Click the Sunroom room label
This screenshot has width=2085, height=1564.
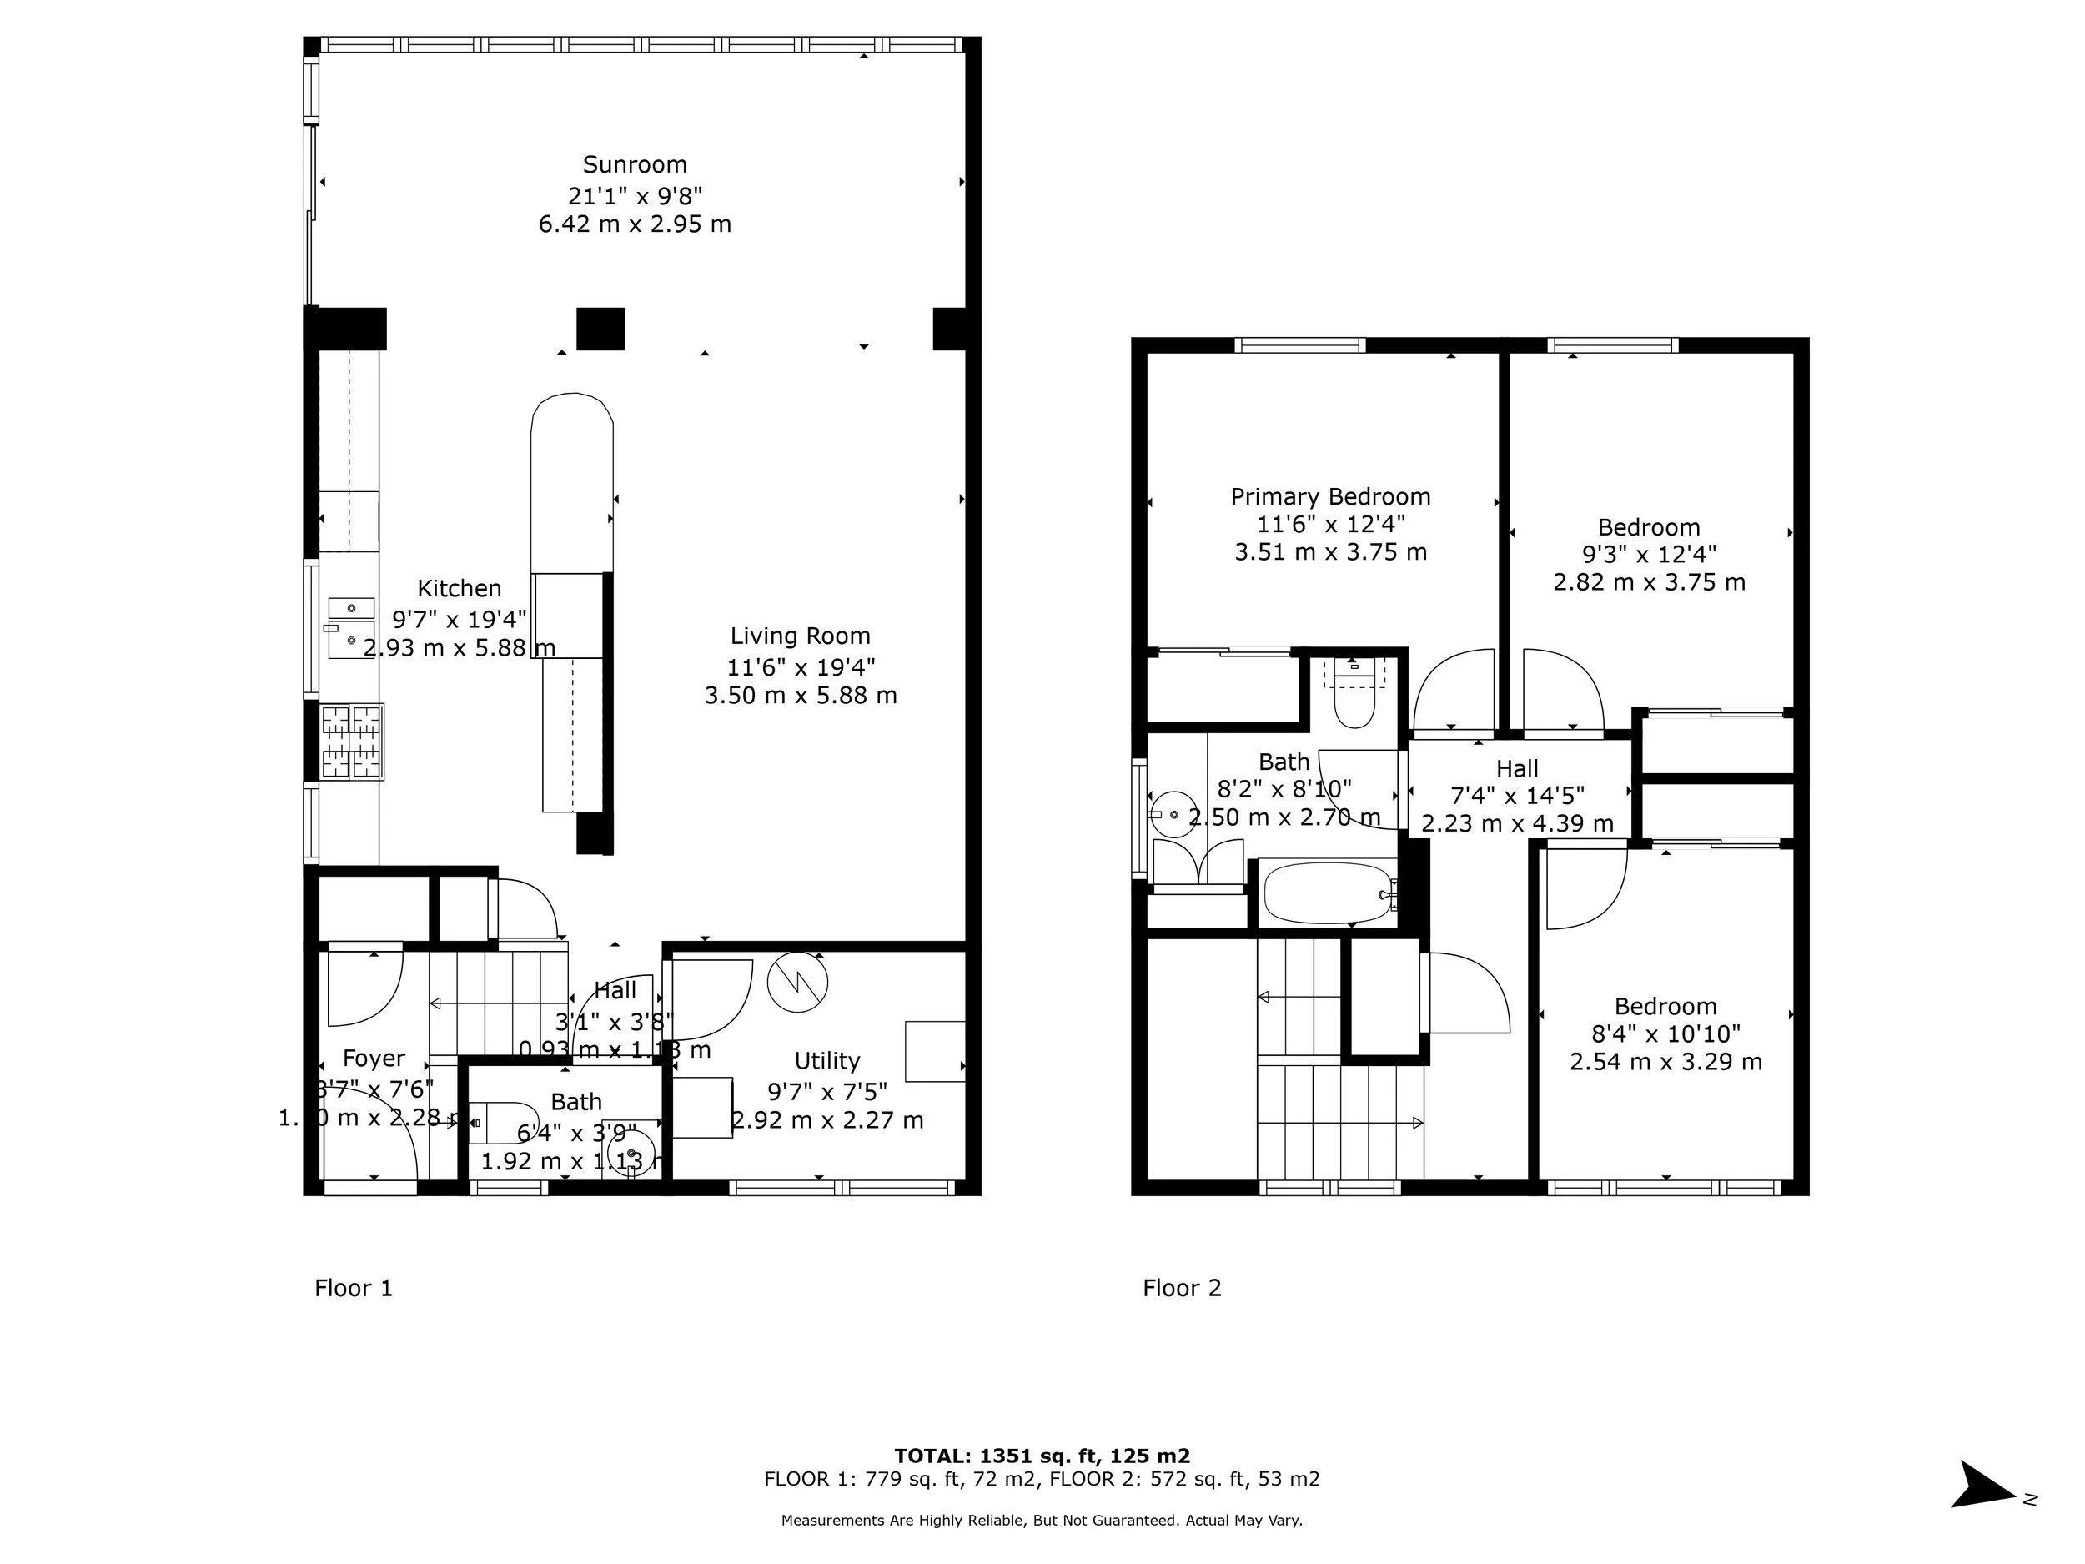[635, 165]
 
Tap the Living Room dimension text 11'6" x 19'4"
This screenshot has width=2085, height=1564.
[801, 667]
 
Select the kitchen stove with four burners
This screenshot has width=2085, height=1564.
[352, 742]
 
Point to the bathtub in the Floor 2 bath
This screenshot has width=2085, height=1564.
[1327, 893]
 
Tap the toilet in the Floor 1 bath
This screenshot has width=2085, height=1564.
[500, 1123]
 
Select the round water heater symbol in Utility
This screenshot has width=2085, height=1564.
[797, 983]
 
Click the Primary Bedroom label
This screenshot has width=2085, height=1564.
[1330, 497]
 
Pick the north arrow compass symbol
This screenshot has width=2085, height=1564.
[1985, 1486]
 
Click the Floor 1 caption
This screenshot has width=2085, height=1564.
[354, 1288]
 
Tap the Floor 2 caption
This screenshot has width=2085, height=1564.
[1182, 1288]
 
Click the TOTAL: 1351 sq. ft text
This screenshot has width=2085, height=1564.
[1042, 1456]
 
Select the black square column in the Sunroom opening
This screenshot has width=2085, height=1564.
[600, 329]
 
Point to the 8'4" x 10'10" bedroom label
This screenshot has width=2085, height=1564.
[1665, 1034]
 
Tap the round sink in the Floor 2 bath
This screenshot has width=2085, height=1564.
[1174, 814]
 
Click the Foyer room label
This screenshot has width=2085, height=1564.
[374, 1059]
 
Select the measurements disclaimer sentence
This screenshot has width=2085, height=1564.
[1042, 1520]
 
